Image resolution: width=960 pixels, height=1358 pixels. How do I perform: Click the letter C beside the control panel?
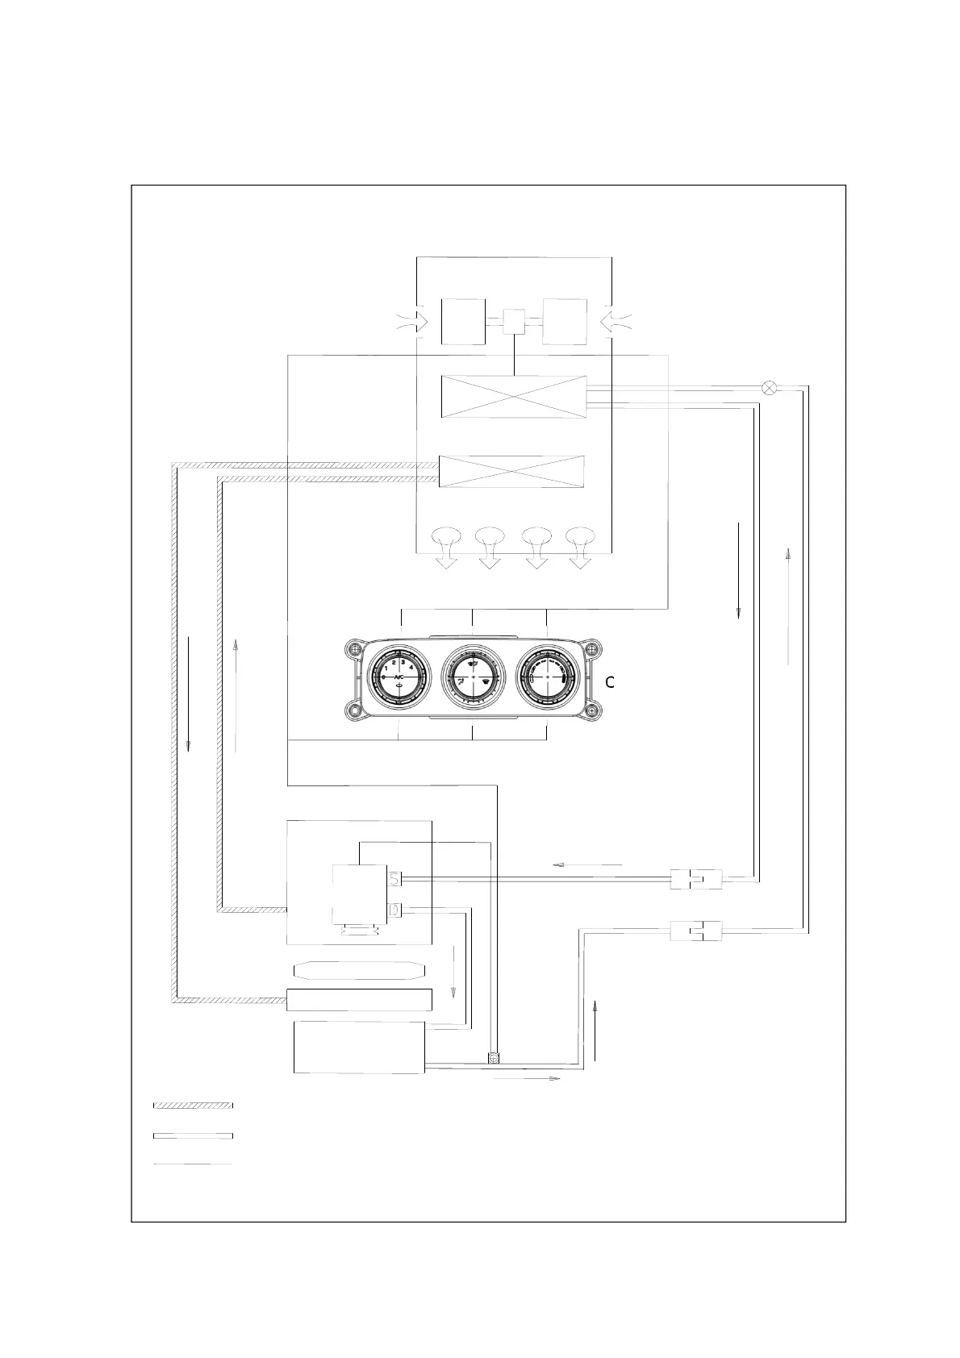tap(610, 682)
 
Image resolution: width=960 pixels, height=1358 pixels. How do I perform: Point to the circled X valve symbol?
tap(770, 387)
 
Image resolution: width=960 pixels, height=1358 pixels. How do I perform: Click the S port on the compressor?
tap(395, 878)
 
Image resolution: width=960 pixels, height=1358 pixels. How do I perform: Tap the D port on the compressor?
tap(395, 910)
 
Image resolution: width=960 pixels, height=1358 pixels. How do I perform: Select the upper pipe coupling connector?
tap(695, 879)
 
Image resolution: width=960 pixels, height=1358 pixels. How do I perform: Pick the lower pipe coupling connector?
tap(695, 931)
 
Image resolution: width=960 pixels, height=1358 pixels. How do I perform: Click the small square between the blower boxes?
tap(514, 322)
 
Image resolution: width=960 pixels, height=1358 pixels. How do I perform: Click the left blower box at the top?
tap(463, 322)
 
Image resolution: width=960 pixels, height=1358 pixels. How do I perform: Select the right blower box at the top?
tap(565, 322)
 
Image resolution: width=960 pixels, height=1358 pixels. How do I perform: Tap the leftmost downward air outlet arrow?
tap(446, 547)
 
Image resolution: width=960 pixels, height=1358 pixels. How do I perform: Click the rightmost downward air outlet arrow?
tap(581, 547)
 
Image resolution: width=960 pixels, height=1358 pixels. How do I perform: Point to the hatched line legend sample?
tap(193, 1105)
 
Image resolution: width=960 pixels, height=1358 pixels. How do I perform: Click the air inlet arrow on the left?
tap(413, 322)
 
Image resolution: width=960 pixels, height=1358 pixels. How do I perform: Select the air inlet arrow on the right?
tap(616, 322)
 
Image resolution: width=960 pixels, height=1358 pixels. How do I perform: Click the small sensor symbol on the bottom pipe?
tap(494, 1057)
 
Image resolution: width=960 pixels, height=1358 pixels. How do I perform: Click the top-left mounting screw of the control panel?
tap(352, 648)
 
